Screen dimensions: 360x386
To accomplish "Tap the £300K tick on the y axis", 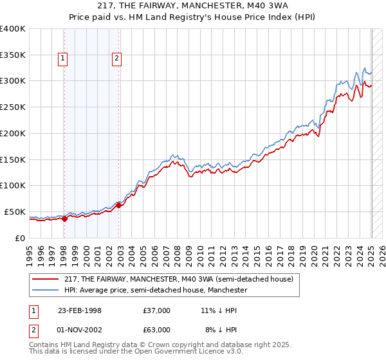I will point(12,81).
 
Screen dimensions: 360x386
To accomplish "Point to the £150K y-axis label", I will point(12,159).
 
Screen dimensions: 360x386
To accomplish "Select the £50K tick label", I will point(14,212).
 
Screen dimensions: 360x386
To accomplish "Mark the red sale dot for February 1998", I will point(64,219).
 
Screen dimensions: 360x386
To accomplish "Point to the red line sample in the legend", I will point(46,279).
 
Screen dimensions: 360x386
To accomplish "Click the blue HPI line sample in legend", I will point(46,290).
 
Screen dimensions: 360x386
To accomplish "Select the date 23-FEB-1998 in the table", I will point(80,310).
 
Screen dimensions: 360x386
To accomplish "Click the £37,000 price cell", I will point(157,310).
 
